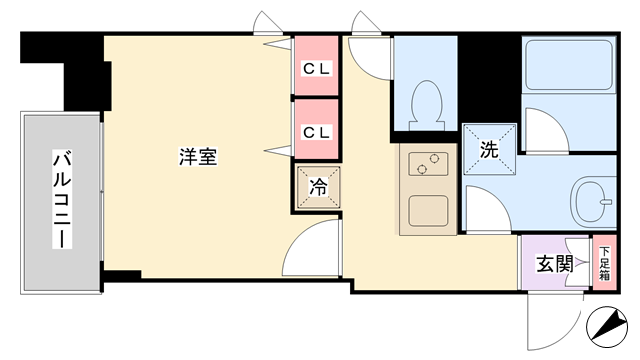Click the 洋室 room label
198,156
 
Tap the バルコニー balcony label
62,199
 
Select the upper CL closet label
316,69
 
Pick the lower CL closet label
316,132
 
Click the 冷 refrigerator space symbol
318,187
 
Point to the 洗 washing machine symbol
489,149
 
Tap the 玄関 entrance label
554,264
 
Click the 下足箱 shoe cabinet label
604,263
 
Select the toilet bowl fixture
427,105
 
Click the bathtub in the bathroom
569,65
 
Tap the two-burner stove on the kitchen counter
428,164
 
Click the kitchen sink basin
428,211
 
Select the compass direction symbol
607,327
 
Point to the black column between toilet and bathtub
490,78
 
